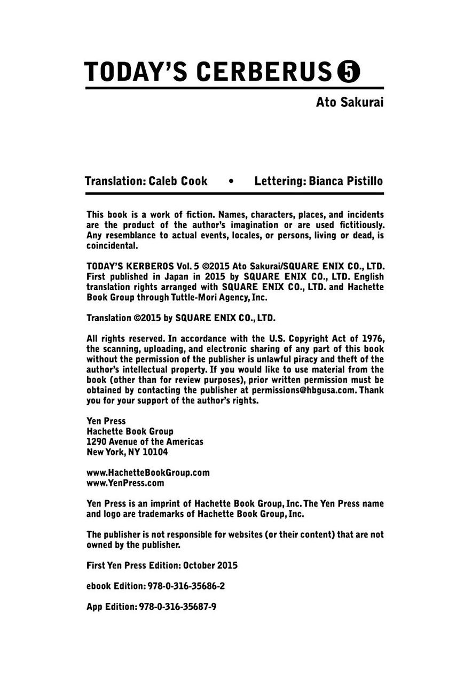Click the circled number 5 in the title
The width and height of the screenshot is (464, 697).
coord(348,72)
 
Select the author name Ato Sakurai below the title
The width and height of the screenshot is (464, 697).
coord(350,102)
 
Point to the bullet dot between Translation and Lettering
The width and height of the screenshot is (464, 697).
coord(231,181)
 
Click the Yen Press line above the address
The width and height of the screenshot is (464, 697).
coord(106,421)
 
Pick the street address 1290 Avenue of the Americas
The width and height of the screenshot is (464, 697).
coord(144,442)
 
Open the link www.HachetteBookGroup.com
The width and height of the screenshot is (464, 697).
coord(147,473)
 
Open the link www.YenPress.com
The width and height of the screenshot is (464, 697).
coord(125,483)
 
